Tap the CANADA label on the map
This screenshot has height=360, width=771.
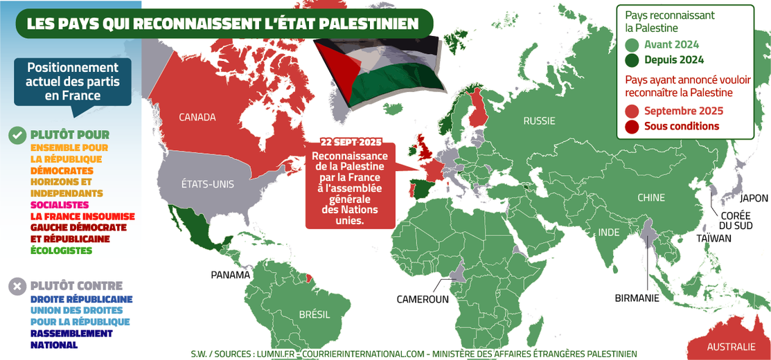point(197,117)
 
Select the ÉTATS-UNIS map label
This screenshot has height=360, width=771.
point(207,184)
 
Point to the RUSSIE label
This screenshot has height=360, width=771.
point(539,120)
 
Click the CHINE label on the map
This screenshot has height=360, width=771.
point(650,198)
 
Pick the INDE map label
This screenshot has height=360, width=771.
point(609,232)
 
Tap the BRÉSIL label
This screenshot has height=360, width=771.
point(314,314)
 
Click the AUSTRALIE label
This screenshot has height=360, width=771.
point(731,347)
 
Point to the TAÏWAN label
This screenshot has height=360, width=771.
point(714,238)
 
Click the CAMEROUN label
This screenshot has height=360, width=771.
point(423,300)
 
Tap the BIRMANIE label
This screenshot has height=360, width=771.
point(637,298)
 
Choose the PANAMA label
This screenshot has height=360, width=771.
point(230,275)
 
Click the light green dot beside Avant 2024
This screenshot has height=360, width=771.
point(631,45)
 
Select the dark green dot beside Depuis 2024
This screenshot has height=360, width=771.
point(631,60)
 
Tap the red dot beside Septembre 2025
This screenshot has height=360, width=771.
point(631,111)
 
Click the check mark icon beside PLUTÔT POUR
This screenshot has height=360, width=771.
point(17,135)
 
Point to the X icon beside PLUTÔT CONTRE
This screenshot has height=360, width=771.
point(17,285)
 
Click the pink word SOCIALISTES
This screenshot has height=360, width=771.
point(60,205)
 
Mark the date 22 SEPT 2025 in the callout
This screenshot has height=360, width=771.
point(351,142)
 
